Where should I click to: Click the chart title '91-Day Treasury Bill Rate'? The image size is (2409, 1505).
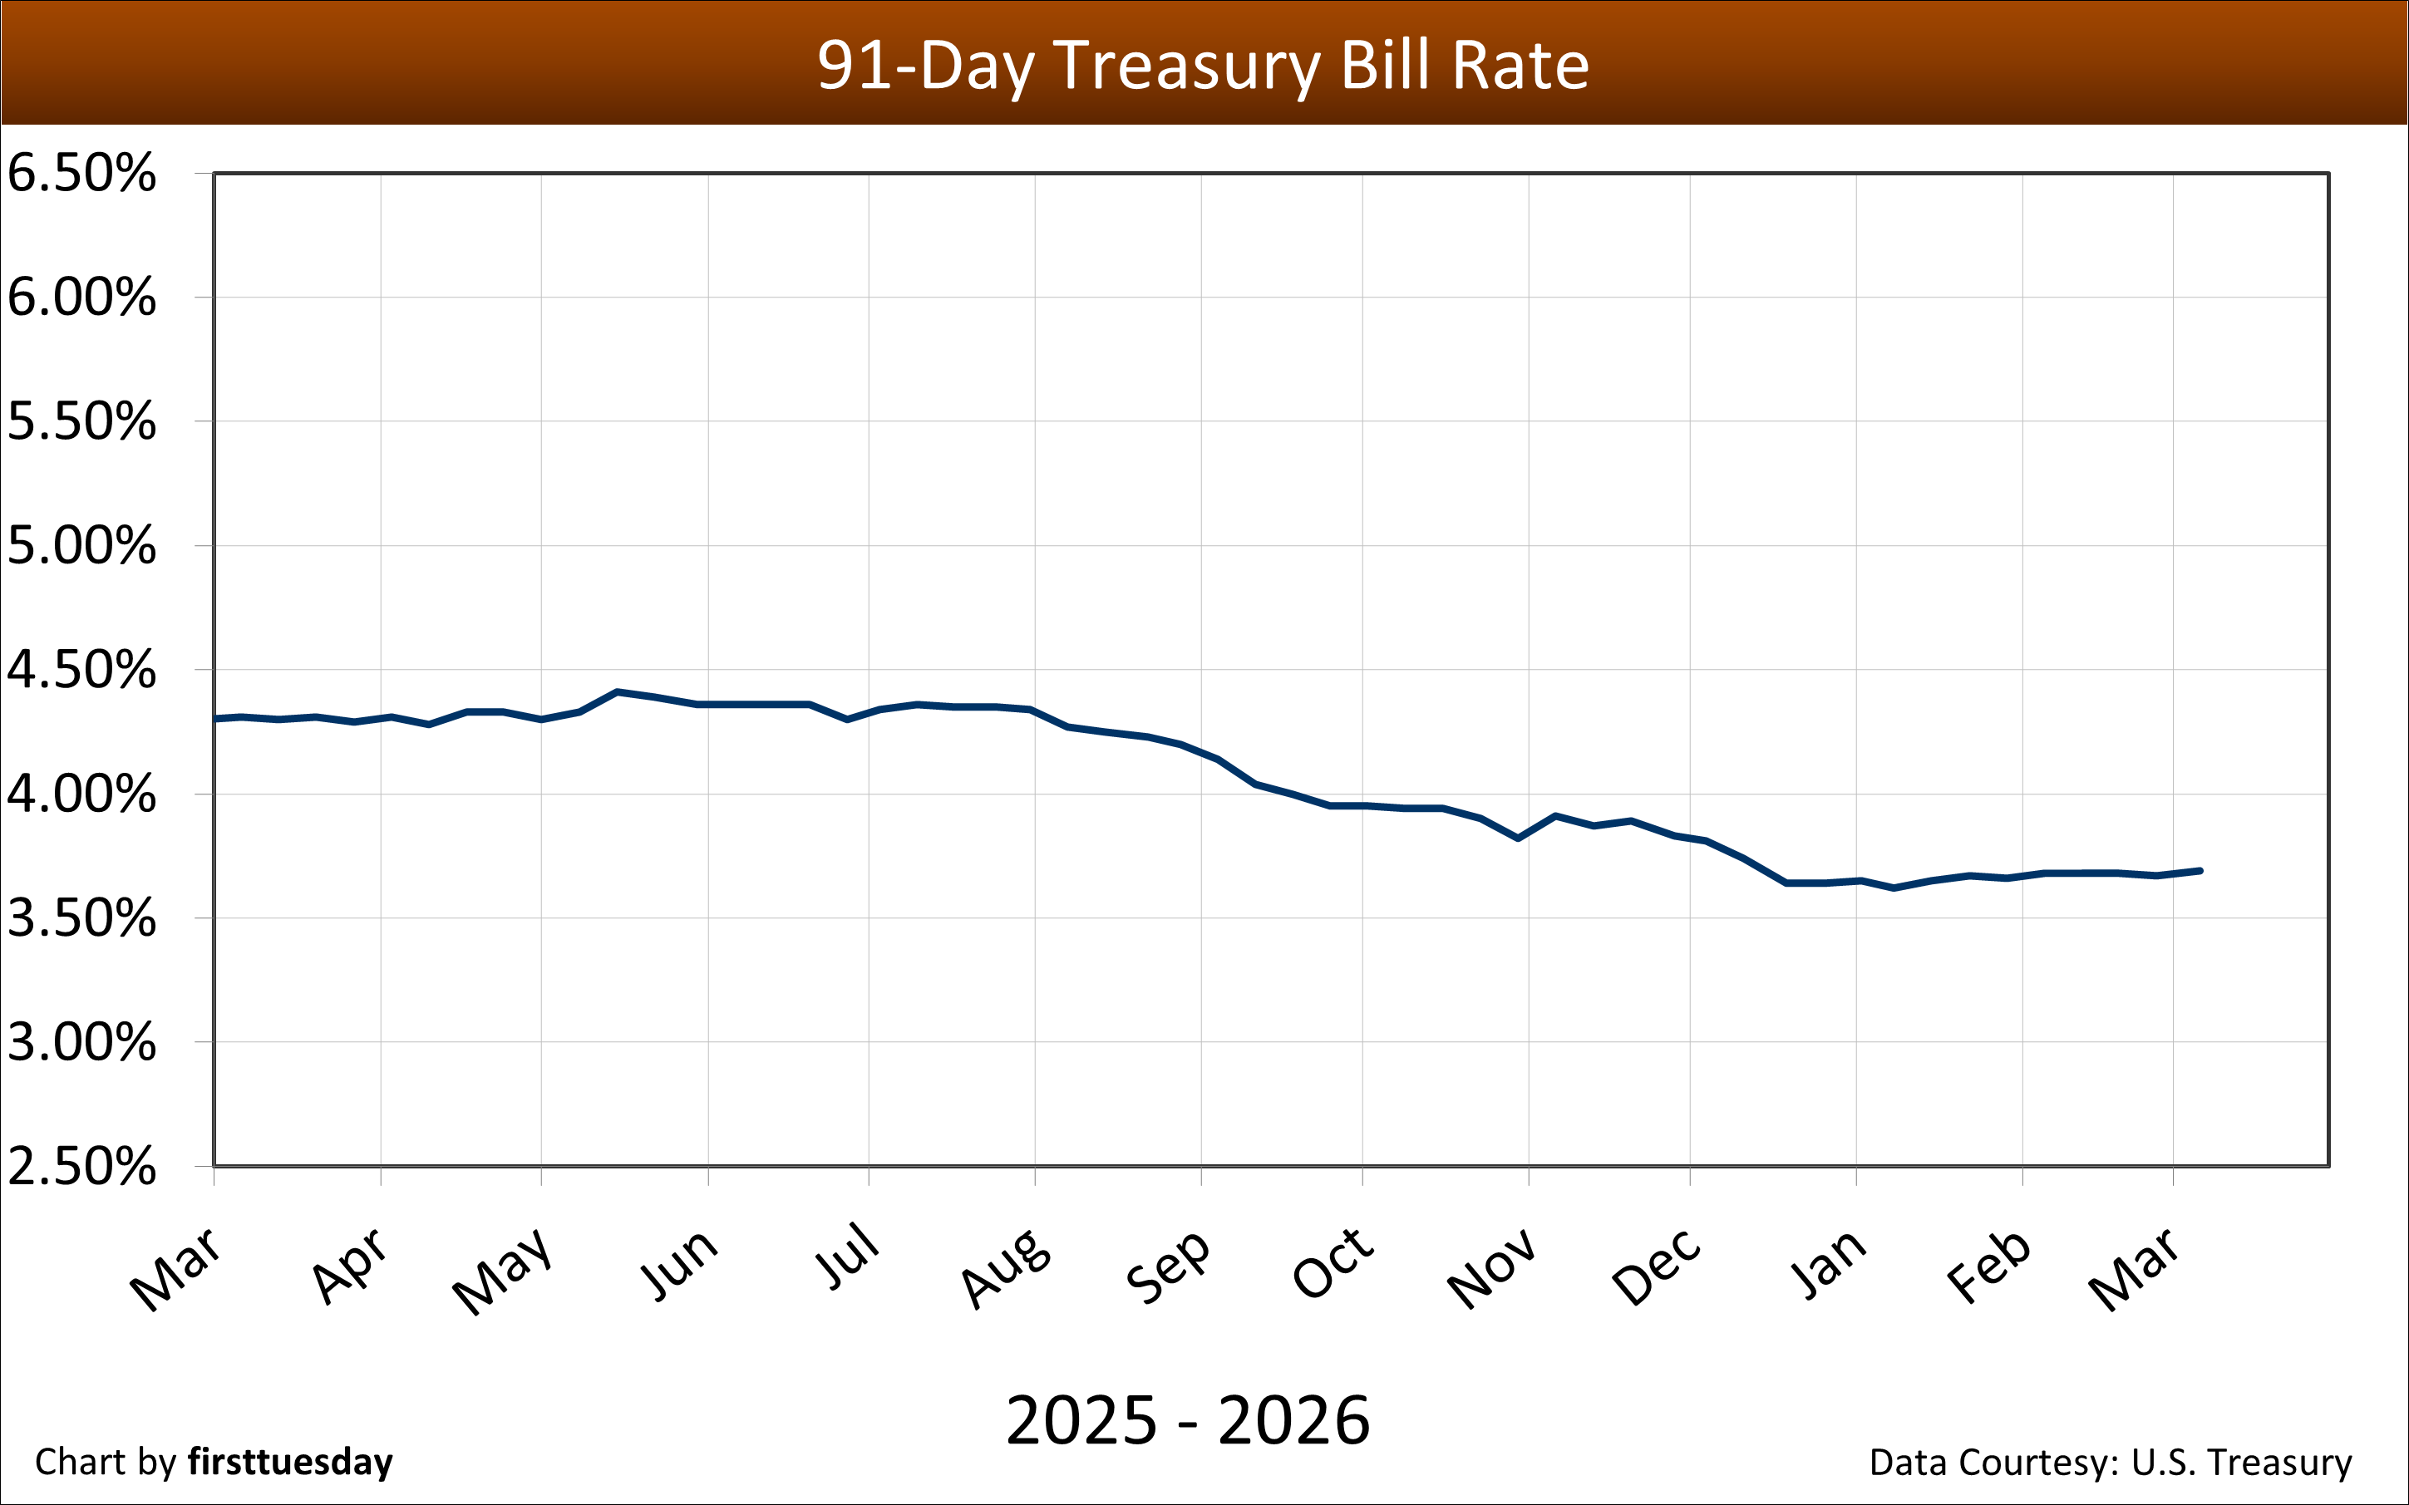[x=1203, y=66]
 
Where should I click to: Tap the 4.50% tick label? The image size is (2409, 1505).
[x=81, y=670]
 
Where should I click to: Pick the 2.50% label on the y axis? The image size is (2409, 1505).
[x=81, y=1166]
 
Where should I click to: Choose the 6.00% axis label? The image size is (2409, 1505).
[x=81, y=298]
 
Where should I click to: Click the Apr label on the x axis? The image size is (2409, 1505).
[x=348, y=1266]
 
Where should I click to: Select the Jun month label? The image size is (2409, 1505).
[x=678, y=1264]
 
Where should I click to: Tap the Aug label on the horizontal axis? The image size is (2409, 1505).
[x=1005, y=1268]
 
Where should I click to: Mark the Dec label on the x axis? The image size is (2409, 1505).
[x=1658, y=1267]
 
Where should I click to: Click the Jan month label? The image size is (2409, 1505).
[x=1828, y=1264]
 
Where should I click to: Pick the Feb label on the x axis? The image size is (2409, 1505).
[x=1989, y=1266]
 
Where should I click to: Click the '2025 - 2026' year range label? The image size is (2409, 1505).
[x=1188, y=1420]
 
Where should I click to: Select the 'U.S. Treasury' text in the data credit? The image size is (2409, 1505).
[x=2241, y=1462]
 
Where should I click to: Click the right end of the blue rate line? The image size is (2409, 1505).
[x=2199, y=871]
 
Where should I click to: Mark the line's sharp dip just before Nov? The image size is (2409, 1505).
[x=1518, y=839]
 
